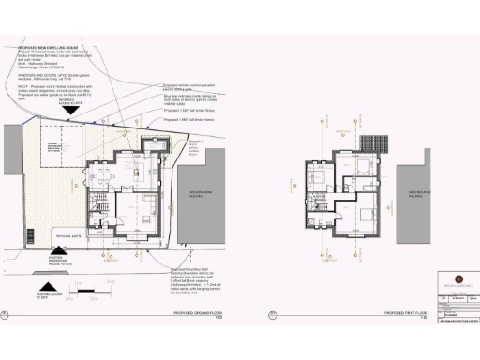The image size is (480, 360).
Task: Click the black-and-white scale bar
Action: [92, 288]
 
